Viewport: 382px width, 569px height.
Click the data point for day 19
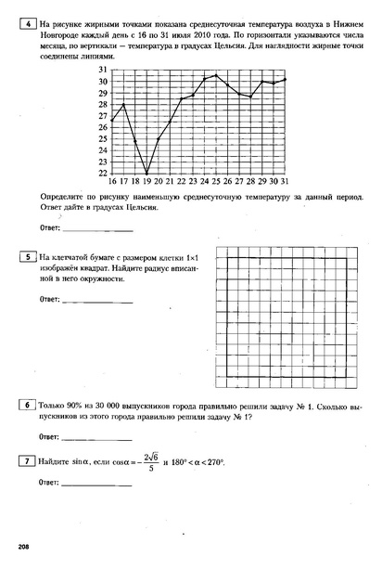(x=146, y=174)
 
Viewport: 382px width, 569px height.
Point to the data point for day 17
(x=123, y=105)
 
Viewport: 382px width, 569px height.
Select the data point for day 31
(x=285, y=80)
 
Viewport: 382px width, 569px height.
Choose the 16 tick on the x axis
(x=112, y=183)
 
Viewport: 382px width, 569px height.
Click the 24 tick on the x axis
(x=205, y=183)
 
